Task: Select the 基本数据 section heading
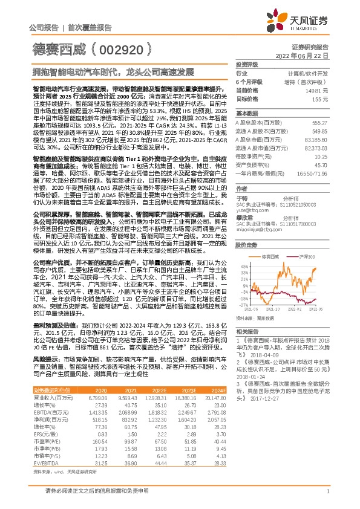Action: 247,113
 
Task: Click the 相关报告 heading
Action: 247,332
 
